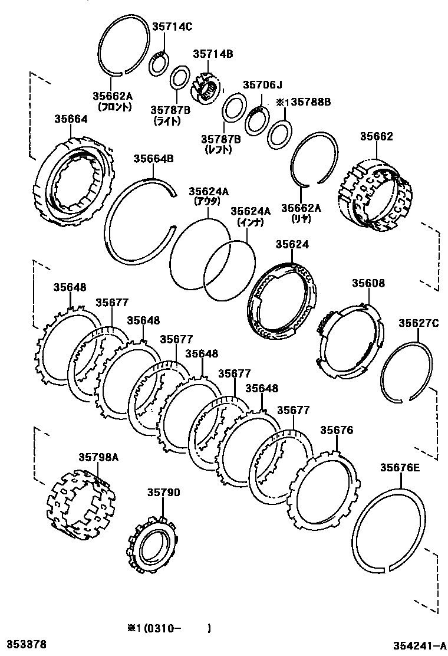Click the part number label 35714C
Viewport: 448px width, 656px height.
pos(172,26)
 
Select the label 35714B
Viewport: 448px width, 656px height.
pos(213,54)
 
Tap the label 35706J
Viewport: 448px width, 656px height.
pos(263,85)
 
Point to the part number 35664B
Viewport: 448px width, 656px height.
pos(153,158)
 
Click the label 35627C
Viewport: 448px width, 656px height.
pos(419,323)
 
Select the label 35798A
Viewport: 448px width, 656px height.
pos(98,457)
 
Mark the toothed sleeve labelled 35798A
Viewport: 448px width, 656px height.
pos(80,500)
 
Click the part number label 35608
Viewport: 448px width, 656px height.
pos(368,283)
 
